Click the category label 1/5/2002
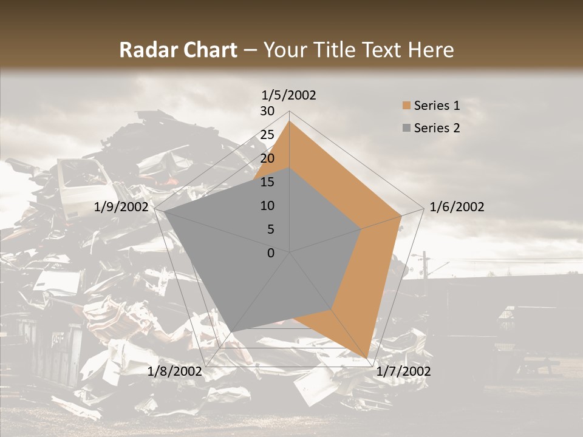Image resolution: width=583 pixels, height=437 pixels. pos(289,95)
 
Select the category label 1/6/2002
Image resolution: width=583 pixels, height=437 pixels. pos(457,207)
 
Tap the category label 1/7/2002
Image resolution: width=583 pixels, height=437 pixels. pos(403,371)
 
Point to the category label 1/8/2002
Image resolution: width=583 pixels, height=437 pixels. pos(175,371)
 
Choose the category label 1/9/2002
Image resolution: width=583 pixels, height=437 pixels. pos(121,207)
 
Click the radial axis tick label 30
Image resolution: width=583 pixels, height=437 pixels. pos(267,111)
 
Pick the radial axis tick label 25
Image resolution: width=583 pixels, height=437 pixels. pos(267,135)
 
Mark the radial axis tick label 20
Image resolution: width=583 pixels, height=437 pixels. pos(267,158)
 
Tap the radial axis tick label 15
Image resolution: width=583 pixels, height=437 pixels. pos(267,182)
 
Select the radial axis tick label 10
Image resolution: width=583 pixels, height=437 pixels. pos(267,206)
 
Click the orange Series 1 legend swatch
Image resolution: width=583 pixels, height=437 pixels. pos(406,106)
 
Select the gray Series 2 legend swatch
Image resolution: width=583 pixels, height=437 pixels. pos(406,128)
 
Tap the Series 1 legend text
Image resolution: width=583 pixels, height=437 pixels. pos(437,106)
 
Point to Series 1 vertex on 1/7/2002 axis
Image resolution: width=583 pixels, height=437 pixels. pos(367,357)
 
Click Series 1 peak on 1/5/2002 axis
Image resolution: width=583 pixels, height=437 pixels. pos(290,121)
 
